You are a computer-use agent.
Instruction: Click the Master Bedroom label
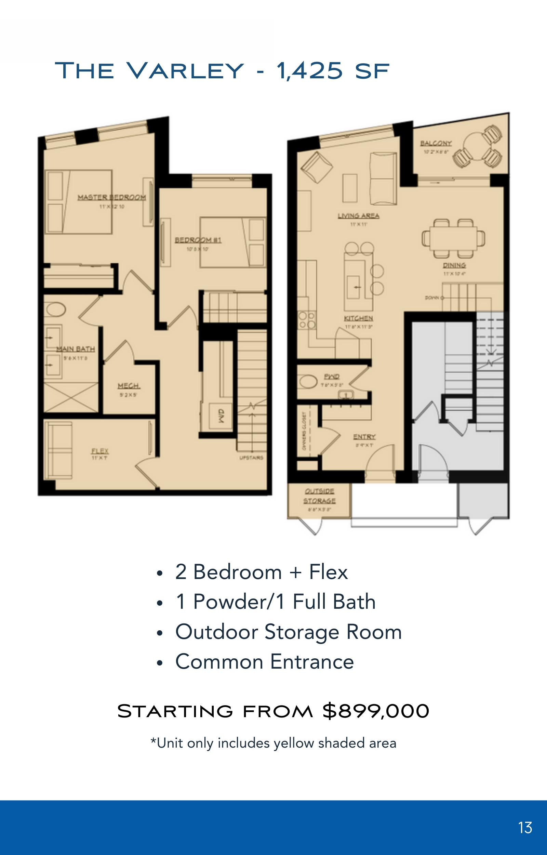111,197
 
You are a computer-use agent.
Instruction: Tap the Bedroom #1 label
198,240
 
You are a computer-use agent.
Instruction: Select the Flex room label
100,451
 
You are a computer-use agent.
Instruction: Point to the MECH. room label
129,386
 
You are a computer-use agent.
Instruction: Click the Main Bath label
75,349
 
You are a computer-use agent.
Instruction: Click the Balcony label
436,143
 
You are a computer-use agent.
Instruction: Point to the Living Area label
358,215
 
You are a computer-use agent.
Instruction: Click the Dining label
454,265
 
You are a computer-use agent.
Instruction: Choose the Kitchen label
358,318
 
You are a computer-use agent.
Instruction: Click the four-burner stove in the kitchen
307,320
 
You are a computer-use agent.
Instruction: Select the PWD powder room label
331,377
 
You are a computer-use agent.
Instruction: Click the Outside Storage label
319,496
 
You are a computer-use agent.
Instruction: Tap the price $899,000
375,711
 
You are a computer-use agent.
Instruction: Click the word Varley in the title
185,70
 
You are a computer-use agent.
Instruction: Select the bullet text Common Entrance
265,661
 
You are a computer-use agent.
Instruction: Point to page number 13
525,828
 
